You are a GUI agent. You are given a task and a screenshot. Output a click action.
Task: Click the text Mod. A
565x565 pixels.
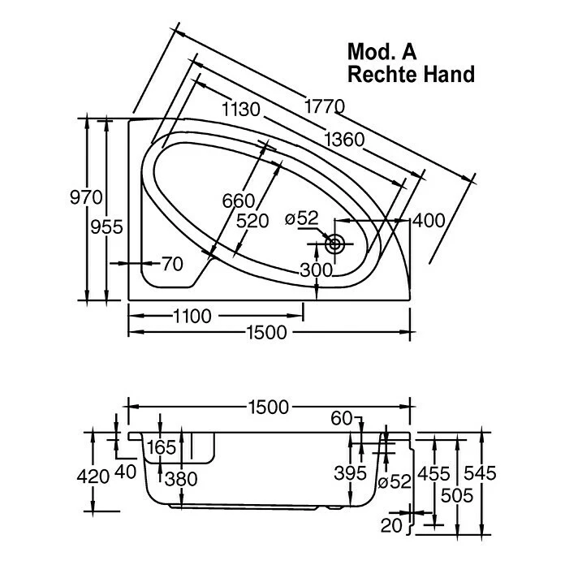point(383,52)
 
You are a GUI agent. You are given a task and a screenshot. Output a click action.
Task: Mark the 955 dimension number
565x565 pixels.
point(107,226)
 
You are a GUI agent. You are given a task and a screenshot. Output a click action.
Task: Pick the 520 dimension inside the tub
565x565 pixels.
point(253,219)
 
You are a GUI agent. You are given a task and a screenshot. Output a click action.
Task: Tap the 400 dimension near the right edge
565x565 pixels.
point(429,220)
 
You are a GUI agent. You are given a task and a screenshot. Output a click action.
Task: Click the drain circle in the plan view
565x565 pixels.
point(334,242)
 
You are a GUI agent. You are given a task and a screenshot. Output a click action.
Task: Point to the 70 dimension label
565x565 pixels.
point(171,263)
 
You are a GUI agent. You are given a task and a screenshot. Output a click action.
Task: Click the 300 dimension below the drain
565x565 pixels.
point(316,270)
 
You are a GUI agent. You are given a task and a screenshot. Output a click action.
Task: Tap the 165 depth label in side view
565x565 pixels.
point(162,447)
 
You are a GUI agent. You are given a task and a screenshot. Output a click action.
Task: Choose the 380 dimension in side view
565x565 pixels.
point(181,479)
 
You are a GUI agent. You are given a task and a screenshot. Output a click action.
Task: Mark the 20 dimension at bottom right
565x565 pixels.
point(391,525)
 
